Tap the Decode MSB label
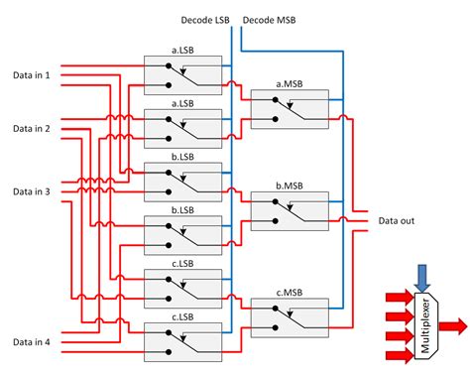click(x=269, y=20)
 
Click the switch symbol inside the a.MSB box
click(x=290, y=113)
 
